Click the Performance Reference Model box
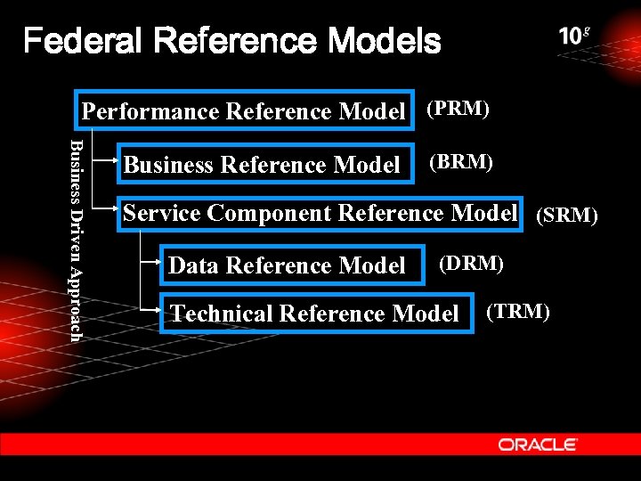pyautogui.click(x=244, y=111)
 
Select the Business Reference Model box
pyautogui.click(x=264, y=165)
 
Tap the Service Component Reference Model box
pyautogui.click(x=320, y=214)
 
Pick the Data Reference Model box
pyautogui.click(x=287, y=265)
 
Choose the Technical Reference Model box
pyautogui.click(x=314, y=314)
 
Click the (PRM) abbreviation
pyautogui.click(x=458, y=109)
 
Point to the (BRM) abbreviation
pyautogui.click(x=461, y=162)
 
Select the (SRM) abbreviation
pyautogui.click(x=566, y=216)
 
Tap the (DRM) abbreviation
pyautogui.click(x=472, y=263)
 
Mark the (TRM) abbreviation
pyautogui.click(x=518, y=311)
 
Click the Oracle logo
pyautogui.click(x=538, y=444)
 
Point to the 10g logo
pyautogui.click(x=574, y=37)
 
